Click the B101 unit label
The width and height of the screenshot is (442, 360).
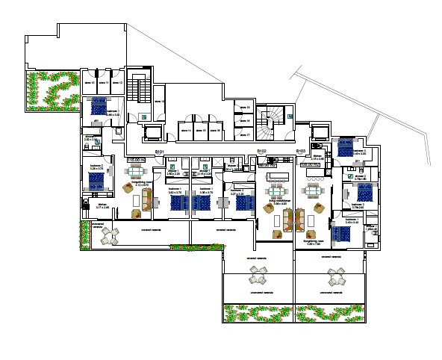click(159, 152)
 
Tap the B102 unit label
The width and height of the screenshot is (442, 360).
click(261, 152)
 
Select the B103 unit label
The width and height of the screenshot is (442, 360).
click(300, 152)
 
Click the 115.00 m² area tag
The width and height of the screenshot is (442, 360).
click(136, 159)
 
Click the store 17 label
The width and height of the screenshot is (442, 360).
click(243, 134)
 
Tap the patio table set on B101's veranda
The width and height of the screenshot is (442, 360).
click(110, 236)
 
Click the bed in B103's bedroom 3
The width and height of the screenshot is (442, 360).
click(346, 147)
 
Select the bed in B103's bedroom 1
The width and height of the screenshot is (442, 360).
click(340, 234)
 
